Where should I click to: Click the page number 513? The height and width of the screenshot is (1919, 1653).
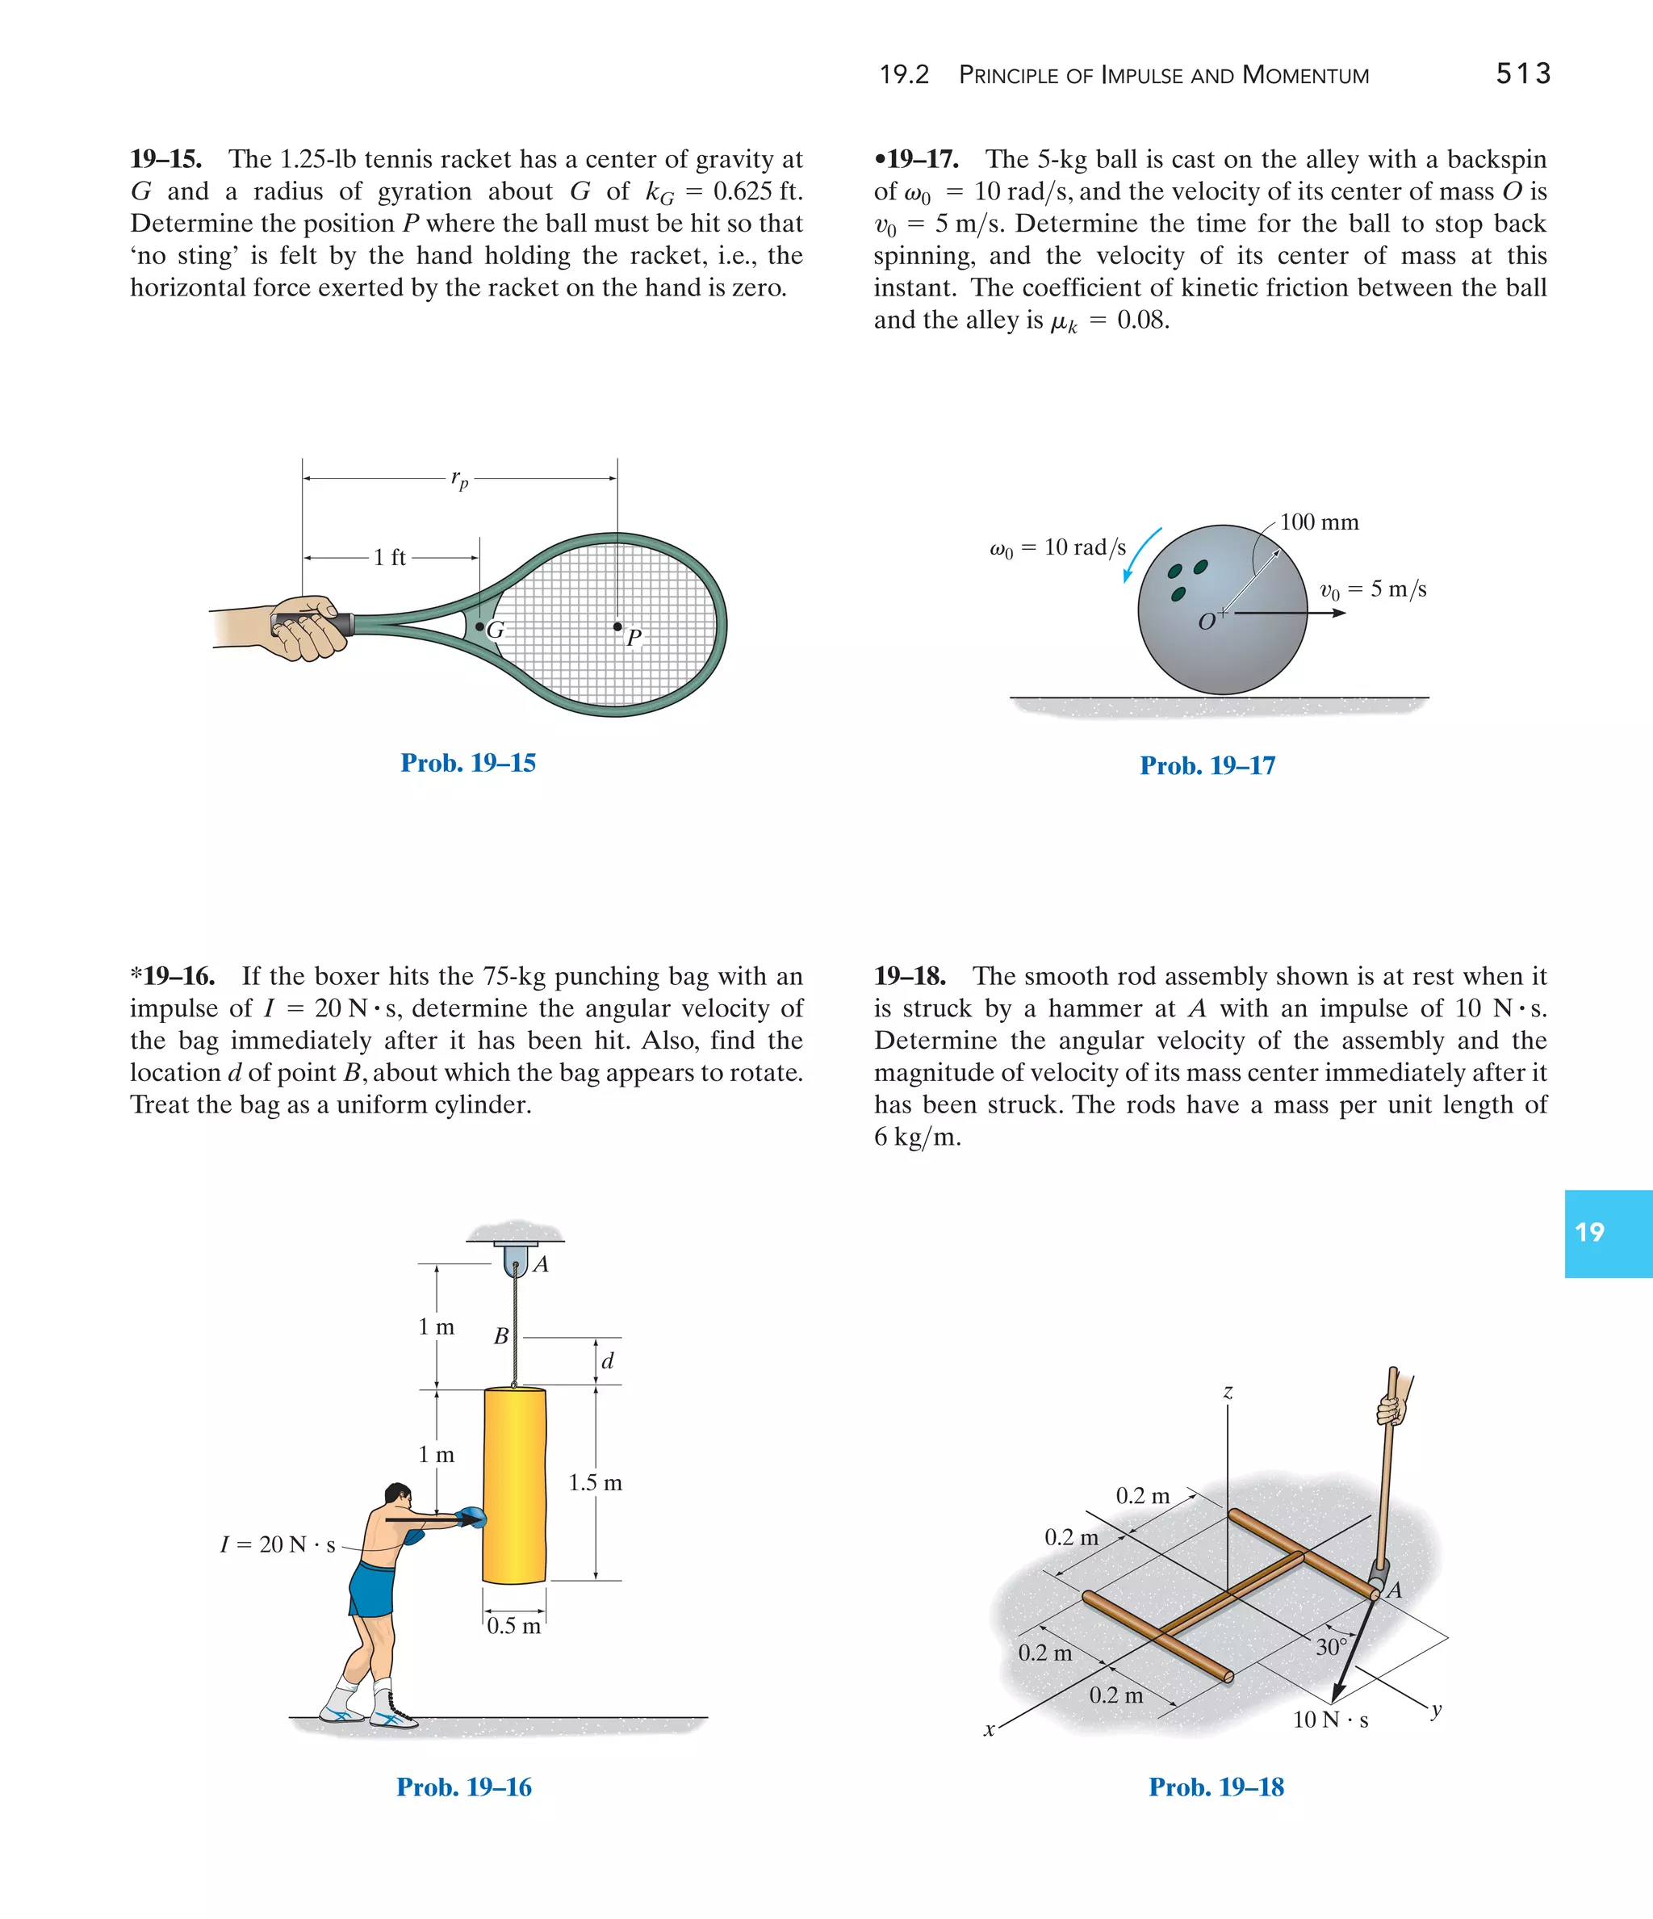tap(1522, 74)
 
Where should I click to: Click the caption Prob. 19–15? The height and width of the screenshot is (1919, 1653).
tap(467, 762)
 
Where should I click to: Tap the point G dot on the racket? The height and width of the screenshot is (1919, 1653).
tap(479, 627)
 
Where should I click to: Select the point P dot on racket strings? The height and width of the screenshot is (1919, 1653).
tap(617, 627)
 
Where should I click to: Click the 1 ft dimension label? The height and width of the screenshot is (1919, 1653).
tap(390, 558)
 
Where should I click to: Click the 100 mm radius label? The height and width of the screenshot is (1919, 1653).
tap(1319, 522)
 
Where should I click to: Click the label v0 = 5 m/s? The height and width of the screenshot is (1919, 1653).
tap(1372, 589)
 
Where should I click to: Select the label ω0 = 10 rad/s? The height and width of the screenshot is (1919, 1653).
tap(1057, 548)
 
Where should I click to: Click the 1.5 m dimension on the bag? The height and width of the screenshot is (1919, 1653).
tap(595, 1483)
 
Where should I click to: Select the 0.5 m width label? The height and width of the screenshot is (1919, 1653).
tap(513, 1626)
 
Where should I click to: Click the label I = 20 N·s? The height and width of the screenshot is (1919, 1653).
tap(277, 1545)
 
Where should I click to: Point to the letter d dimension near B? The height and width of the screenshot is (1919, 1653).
tap(608, 1361)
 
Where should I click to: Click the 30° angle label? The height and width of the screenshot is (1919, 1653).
tap(1331, 1648)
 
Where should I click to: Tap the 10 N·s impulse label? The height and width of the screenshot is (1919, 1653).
tap(1330, 1720)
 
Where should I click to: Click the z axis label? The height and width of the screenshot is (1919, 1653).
tap(1228, 1392)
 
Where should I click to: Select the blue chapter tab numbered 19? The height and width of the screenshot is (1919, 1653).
tap(1608, 1233)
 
